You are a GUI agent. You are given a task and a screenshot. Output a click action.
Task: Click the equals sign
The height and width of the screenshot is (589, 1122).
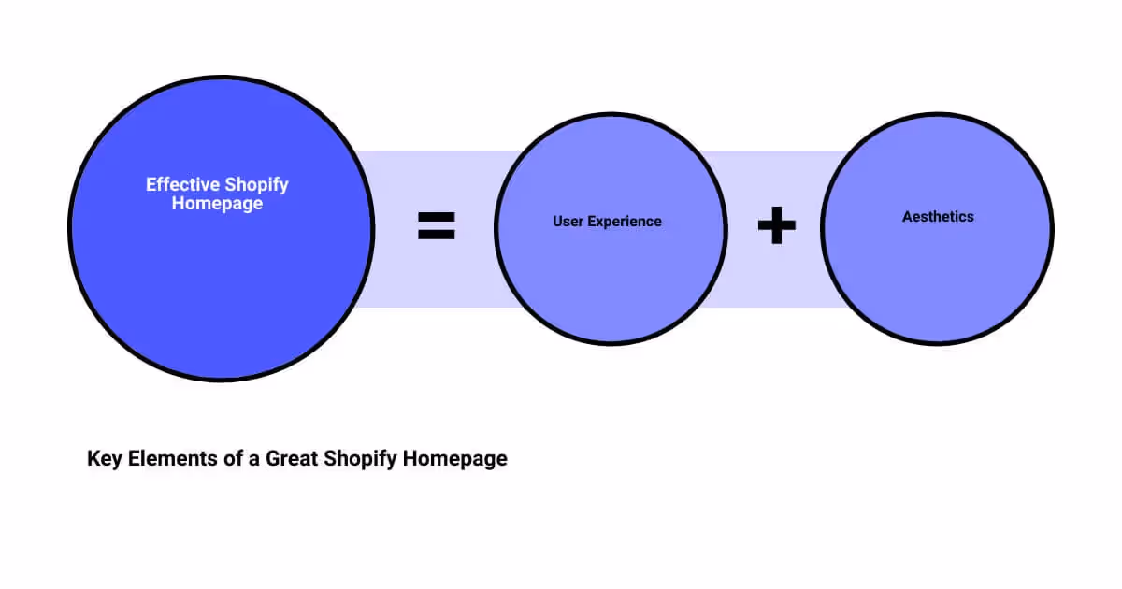[x=436, y=225]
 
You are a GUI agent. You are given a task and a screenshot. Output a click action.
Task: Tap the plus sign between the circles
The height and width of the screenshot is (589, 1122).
[x=776, y=226]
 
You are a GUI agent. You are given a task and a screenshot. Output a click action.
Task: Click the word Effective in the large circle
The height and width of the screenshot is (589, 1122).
[x=182, y=185]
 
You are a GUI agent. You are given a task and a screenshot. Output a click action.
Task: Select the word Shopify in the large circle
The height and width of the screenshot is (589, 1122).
[x=255, y=185]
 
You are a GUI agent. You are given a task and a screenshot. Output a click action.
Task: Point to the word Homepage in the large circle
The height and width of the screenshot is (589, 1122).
[x=217, y=203]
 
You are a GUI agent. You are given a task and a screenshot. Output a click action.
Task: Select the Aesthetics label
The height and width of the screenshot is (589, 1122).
[x=938, y=217]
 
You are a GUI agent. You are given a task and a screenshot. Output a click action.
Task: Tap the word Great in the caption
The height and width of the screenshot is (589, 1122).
[x=291, y=459]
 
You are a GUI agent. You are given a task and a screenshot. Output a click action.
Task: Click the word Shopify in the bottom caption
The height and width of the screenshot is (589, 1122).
[x=359, y=459]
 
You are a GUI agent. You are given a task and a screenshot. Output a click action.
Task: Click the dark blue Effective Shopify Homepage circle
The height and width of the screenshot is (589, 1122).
[x=222, y=280]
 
